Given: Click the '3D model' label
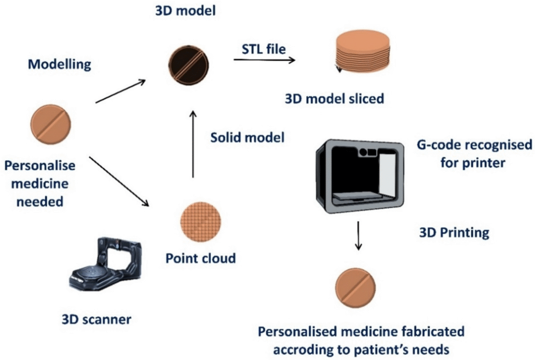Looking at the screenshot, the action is click(x=185, y=10).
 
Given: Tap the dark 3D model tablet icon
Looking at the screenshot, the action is click(x=188, y=65).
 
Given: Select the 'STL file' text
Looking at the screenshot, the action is click(x=264, y=49).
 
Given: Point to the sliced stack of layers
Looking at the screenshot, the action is click(x=363, y=52).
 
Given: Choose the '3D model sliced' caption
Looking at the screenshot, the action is click(x=334, y=99).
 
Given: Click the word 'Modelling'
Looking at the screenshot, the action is click(x=60, y=64).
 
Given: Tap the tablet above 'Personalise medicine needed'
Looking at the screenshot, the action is click(x=51, y=124).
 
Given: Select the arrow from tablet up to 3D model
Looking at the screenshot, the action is click(x=121, y=91).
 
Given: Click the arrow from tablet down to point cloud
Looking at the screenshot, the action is click(x=119, y=181).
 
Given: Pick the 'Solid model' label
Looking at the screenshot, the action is click(x=247, y=137).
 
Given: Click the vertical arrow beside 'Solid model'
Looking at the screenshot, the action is click(x=193, y=144).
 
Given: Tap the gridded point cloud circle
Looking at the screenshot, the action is click(x=201, y=222).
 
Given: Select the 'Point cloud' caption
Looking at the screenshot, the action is click(x=201, y=258).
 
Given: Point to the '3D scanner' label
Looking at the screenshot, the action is click(x=97, y=319).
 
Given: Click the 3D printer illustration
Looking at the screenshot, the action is click(x=360, y=176).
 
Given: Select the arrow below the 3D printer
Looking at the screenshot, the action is click(x=358, y=236).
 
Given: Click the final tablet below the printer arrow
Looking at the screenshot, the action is click(x=355, y=288).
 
